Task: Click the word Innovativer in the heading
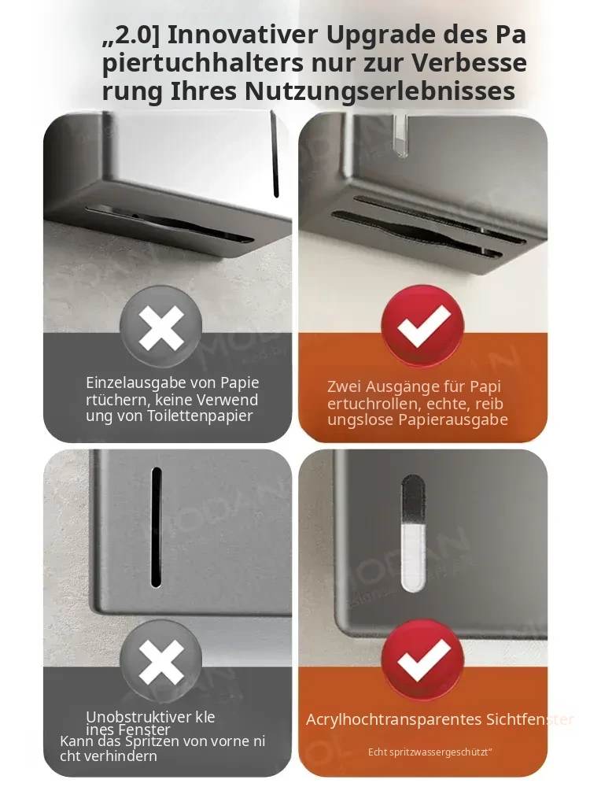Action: point(243,35)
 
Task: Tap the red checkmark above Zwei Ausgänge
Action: point(423,327)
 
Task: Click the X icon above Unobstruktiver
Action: point(161,662)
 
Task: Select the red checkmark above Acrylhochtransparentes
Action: point(423,660)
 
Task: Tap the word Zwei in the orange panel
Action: point(345,387)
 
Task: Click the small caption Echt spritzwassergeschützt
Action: point(430,752)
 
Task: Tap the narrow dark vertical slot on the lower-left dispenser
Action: point(157,527)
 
